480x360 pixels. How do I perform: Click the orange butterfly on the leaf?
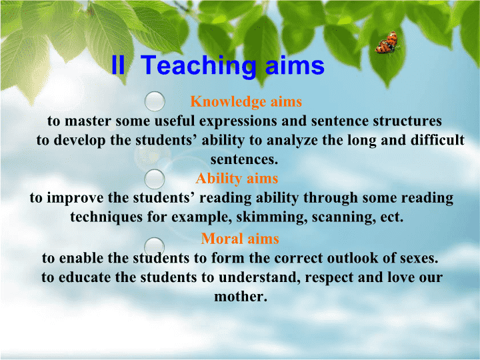tap(387, 43)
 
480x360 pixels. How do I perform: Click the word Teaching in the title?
tap(199, 66)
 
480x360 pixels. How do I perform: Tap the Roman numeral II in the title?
tap(118, 65)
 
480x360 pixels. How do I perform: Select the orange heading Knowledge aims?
tap(246, 101)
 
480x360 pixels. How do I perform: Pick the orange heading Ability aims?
tap(237, 179)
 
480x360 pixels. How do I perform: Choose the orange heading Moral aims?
tap(240, 239)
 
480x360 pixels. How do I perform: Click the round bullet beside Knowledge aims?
tap(155, 101)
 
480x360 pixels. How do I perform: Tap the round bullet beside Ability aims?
tap(154, 179)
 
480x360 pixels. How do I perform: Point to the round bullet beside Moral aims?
tap(154, 247)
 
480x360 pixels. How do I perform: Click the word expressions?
tap(239, 121)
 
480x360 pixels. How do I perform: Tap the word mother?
tap(240, 296)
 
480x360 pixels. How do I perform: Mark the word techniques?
tap(107, 217)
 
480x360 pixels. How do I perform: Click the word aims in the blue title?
tap(295, 65)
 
